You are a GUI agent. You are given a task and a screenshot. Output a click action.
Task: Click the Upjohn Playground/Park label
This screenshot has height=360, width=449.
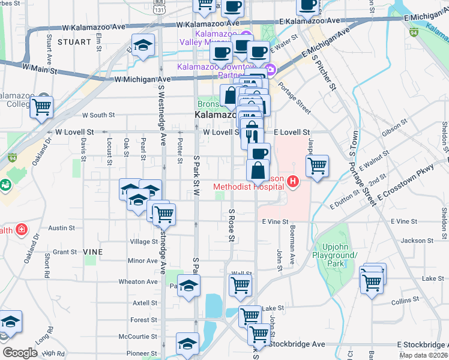tap(340, 255)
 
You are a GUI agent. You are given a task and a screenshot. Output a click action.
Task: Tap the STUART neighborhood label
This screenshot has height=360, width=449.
tap(73, 42)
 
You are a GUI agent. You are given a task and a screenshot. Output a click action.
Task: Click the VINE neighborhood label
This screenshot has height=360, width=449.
tap(93, 251)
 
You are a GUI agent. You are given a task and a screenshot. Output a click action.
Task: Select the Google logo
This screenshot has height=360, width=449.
tap(20, 353)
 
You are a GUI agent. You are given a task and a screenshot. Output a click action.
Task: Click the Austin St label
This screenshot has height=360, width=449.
tap(61, 228)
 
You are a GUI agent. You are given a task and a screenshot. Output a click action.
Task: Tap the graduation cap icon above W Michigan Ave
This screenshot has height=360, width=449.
tap(143, 46)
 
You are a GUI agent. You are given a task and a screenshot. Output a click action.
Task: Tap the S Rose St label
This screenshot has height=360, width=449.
tap(231, 226)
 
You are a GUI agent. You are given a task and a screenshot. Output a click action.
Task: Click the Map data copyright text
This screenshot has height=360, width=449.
tap(423, 355)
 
